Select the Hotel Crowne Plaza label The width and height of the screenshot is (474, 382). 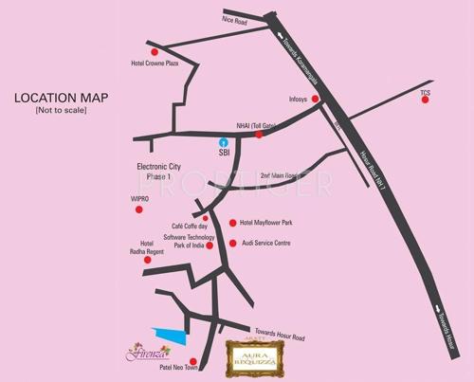155,64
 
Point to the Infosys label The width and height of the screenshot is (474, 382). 300,98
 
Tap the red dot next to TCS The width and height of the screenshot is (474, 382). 425,101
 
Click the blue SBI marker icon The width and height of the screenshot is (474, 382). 224,140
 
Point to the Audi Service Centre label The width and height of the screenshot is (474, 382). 265,243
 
